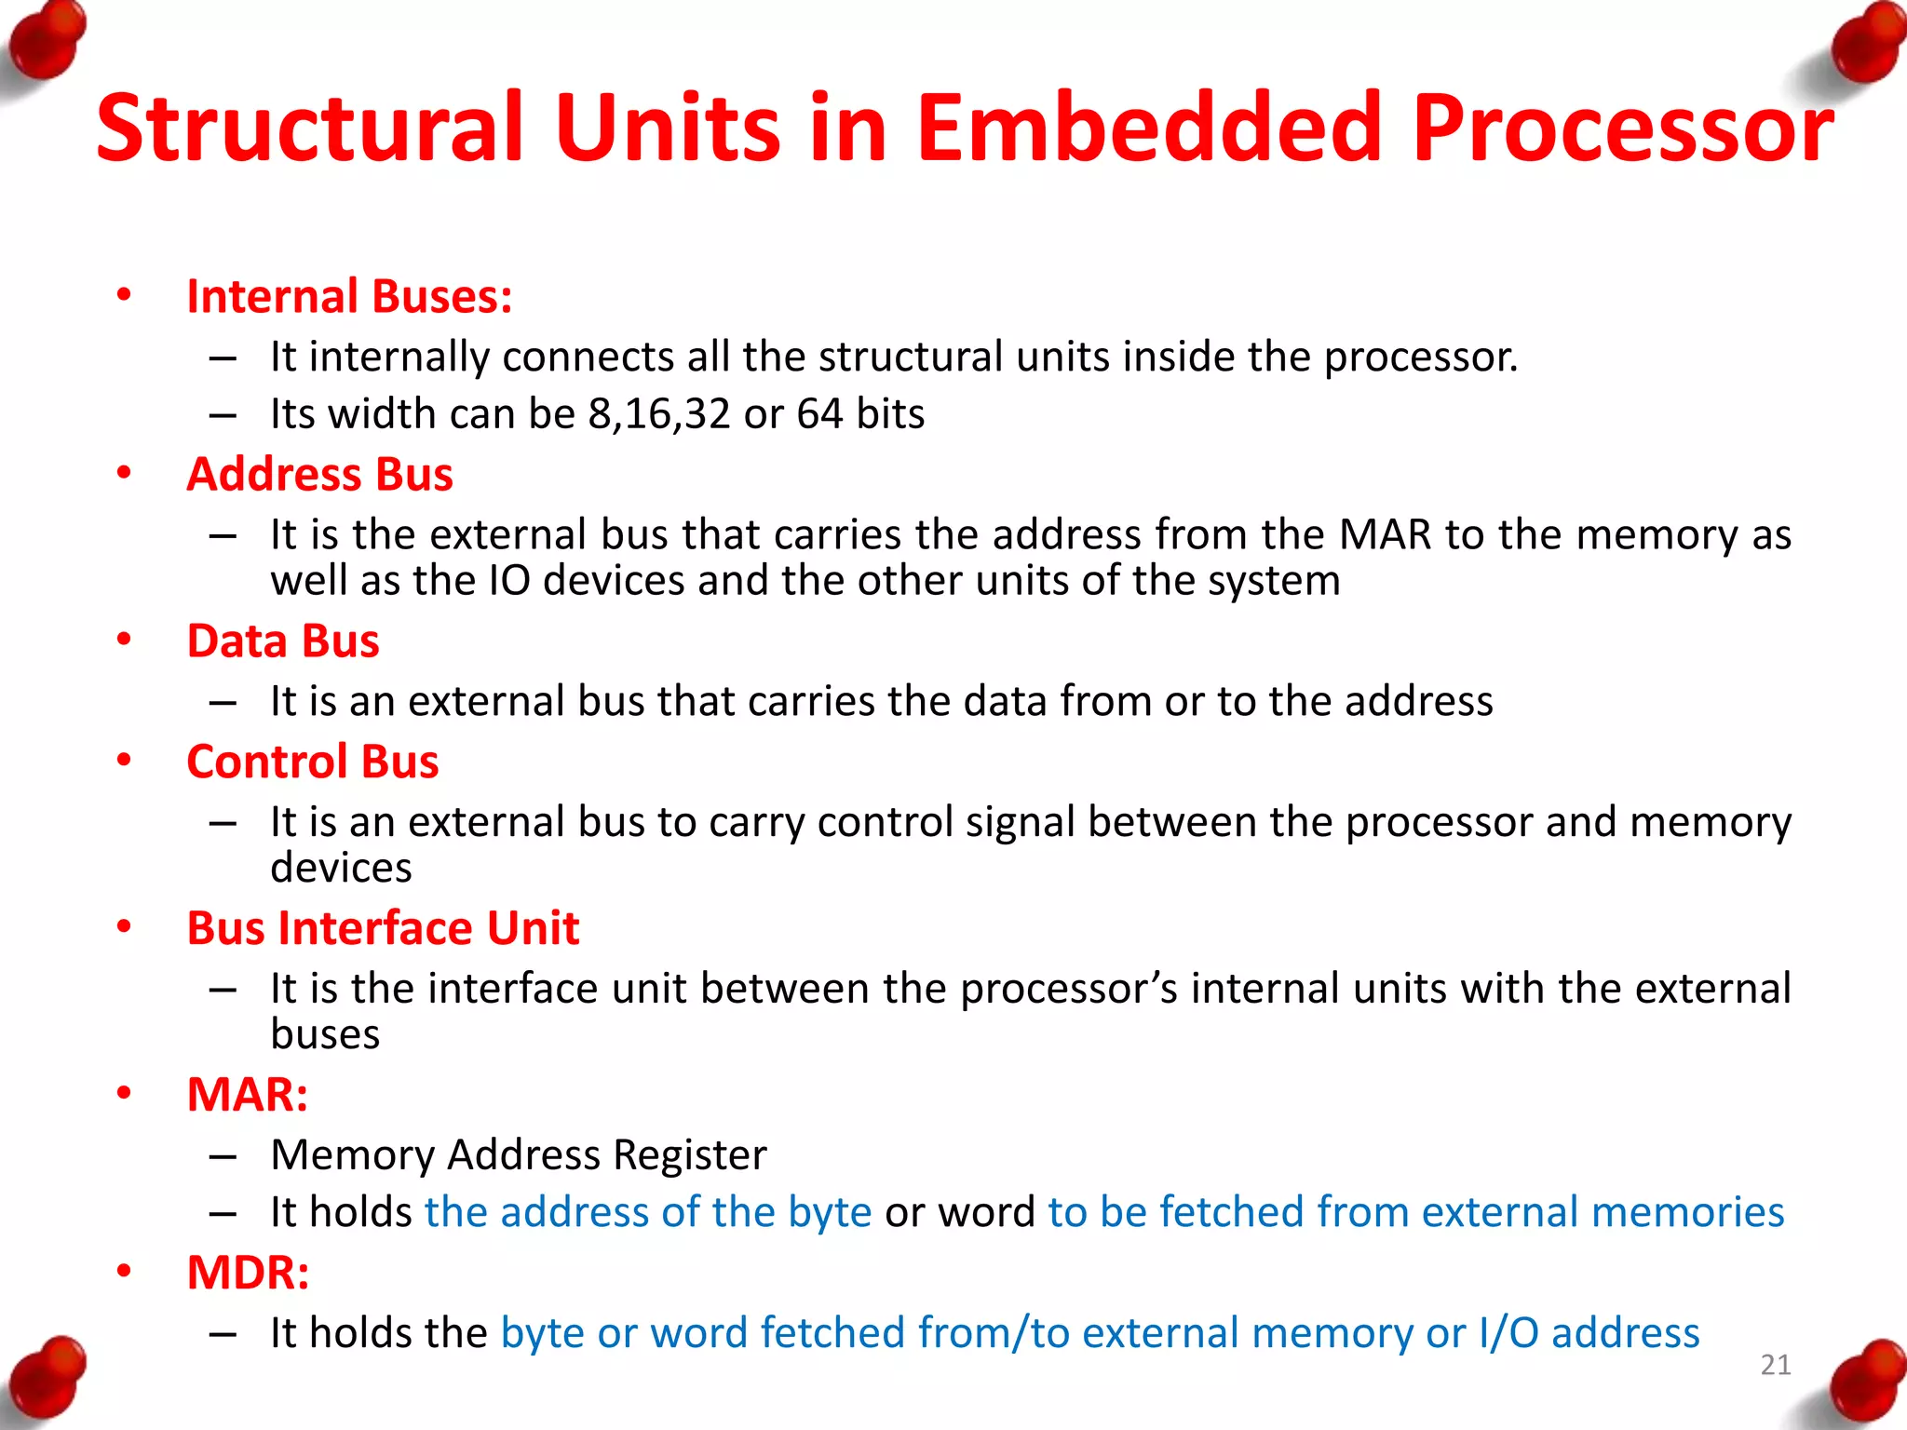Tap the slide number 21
click(x=1775, y=1365)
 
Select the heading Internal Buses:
click(x=349, y=297)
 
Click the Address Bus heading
click(x=319, y=475)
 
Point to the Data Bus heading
click(x=283, y=641)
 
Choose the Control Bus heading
click(x=312, y=762)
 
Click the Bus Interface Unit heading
click(x=383, y=928)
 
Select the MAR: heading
click(x=247, y=1095)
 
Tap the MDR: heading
click(x=248, y=1273)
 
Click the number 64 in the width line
click(x=819, y=414)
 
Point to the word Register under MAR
click(x=689, y=1155)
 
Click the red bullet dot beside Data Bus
click(x=124, y=641)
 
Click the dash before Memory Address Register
click(x=223, y=1156)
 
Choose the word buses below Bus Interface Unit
click(x=325, y=1034)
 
